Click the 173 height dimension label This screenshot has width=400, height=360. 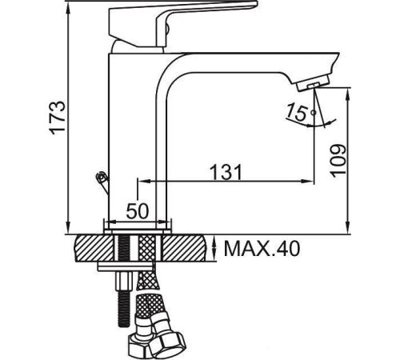tap(57, 118)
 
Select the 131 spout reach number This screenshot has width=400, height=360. tap(226, 172)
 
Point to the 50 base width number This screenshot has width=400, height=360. tap(137, 210)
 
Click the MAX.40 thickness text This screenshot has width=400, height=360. tap(262, 249)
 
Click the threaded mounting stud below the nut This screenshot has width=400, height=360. tap(123, 310)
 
